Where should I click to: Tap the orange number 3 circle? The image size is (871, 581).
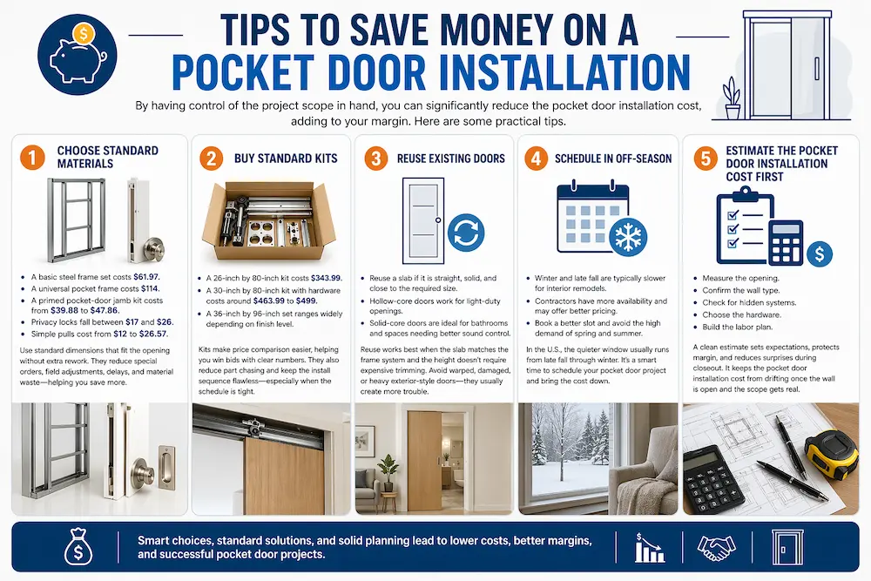coord(376,159)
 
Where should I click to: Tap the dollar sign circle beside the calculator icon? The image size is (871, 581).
coord(819,253)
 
